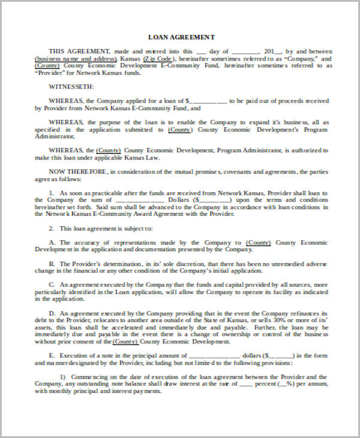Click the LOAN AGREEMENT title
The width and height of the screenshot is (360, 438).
click(181, 37)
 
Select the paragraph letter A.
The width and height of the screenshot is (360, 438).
click(52, 242)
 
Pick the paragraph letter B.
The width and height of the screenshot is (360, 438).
click(52, 264)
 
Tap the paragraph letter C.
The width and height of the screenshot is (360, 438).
click(52, 285)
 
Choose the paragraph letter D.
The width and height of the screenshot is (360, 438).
click(52, 313)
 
